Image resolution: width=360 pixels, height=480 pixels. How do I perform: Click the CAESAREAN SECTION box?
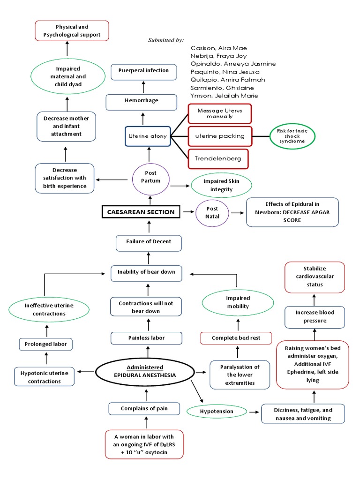(141, 212)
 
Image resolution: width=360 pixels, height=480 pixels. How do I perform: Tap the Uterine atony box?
(148, 136)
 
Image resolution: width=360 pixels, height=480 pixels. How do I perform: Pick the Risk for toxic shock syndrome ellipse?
(292, 136)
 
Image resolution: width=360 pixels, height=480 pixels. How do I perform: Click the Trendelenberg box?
(217, 158)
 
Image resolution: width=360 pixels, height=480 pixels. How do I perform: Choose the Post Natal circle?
(212, 212)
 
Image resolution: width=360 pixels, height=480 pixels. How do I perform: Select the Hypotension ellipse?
(217, 411)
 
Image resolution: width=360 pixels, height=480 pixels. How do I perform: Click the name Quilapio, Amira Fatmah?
(228, 80)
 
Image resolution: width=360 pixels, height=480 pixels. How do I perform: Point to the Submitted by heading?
(166, 40)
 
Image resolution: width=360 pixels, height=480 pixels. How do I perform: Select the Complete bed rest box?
(236, 337)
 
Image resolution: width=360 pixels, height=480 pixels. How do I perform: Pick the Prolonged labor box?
(46, 344)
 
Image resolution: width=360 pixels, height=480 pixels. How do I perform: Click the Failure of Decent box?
(148, 241)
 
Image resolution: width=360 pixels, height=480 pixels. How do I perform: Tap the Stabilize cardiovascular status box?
(315, 277)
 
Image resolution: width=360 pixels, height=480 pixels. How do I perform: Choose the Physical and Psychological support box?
(72, 30)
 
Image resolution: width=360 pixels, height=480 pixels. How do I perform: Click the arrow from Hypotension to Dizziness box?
(254, 412)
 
